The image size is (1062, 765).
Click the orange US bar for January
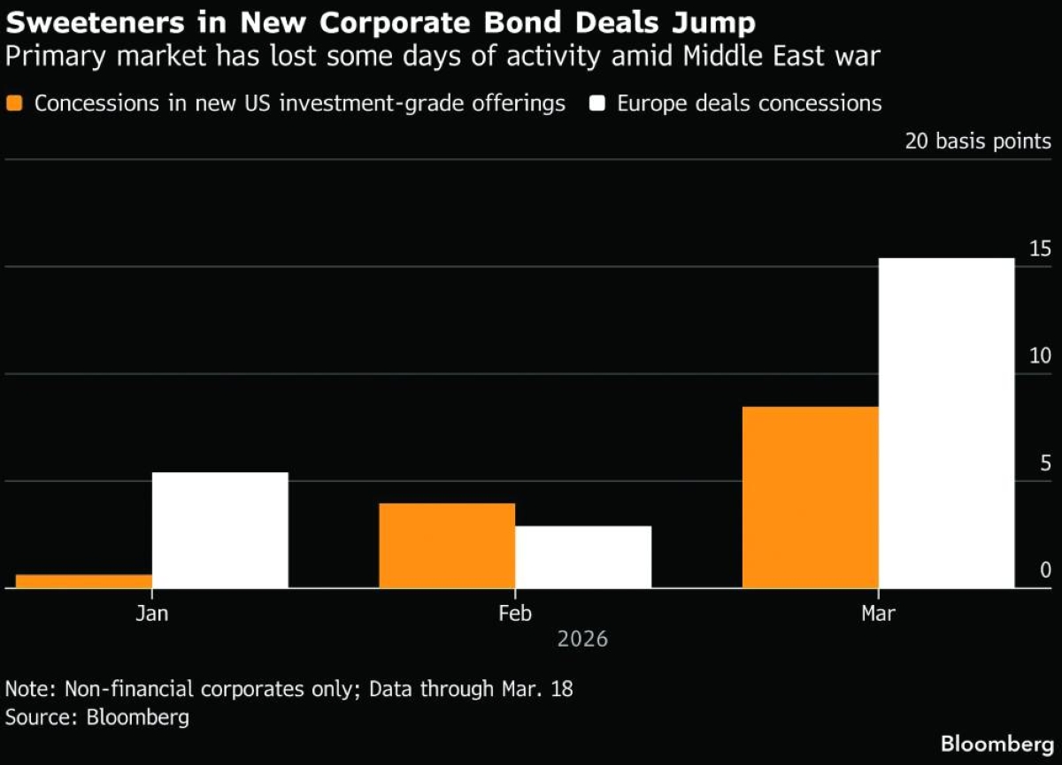[x=84, y=581]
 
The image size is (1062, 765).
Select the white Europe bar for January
[x=220, y=530]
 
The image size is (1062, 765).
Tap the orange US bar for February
[x=447, y=545]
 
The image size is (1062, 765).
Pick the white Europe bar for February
[x=583, y=556]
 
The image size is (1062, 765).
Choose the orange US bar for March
[x=810, y=497]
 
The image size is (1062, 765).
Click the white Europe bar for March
[x=946, y=423]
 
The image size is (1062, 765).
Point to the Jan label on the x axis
[x=152, y=613]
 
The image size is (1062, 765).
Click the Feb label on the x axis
[x=515, y=613]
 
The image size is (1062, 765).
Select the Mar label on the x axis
[x=878, y=613]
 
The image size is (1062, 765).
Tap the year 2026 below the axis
[x=582, y=639]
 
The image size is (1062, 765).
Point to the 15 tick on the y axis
[x=1040, y=249]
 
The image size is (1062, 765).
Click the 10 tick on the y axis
[x=1040, y=356]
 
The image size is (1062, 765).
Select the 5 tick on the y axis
[x=1045, y=463]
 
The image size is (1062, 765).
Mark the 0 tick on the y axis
[x=1045, y=570]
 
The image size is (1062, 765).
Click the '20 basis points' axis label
[x=978, y=142]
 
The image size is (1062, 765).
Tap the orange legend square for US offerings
[x=14, y=103]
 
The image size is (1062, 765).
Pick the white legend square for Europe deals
[x=597, y=103]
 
